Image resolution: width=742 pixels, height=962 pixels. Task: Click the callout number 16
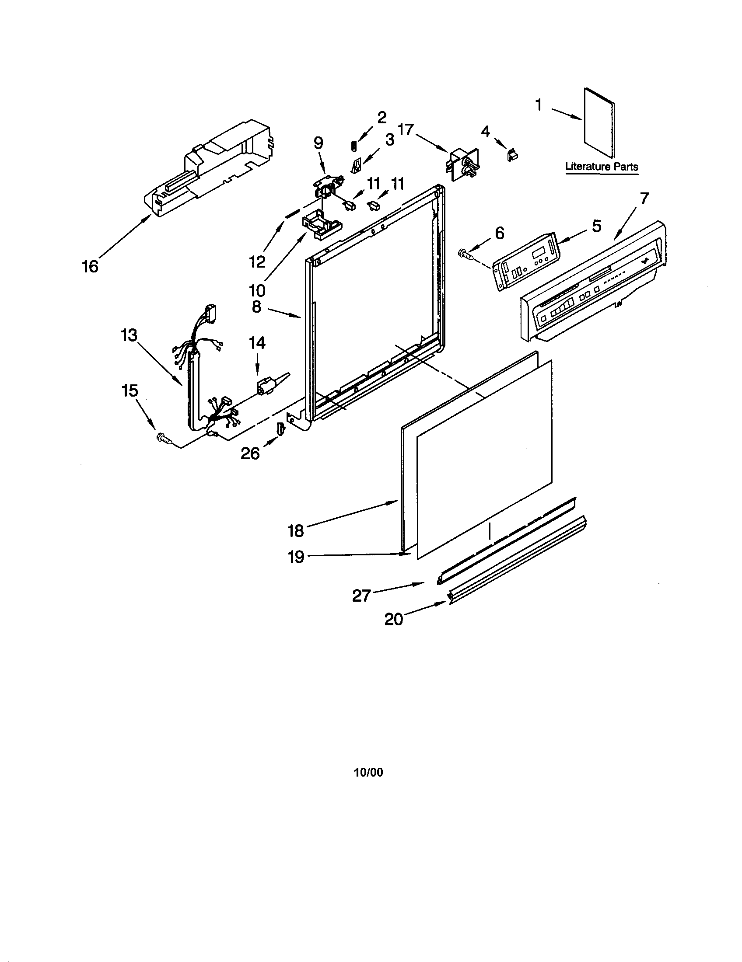coord(90,266)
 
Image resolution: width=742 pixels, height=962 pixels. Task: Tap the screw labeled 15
coord(164,438)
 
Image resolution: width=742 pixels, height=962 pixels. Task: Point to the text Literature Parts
coord(602,167)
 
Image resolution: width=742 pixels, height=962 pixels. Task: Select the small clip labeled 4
coord(513,155)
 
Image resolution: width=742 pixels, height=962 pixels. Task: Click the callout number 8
coord(256,307)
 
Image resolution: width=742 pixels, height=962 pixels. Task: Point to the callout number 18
coord(296,531)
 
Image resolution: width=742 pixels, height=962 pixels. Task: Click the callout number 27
coord(361,596)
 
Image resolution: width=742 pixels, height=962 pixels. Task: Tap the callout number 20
coord(393,619)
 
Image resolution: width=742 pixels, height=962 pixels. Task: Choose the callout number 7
coord(644,199)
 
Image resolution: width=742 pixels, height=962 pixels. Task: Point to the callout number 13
coord(129,335)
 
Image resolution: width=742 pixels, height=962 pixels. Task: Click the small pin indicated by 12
coord(292,214)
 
